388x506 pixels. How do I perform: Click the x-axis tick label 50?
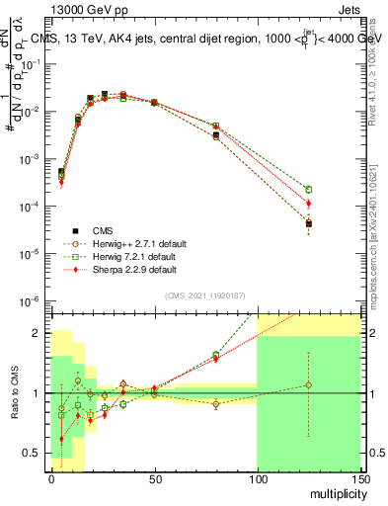154,478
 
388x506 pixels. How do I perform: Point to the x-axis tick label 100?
257,478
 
